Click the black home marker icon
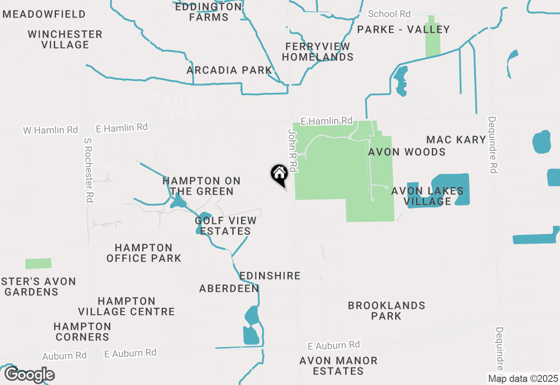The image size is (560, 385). (279, 174)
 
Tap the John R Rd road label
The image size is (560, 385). (293, 150)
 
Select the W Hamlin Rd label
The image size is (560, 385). (50, 130)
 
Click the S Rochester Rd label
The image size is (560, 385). (89, 171)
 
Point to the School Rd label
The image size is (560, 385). (389, 14)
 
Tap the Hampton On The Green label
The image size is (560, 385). (201, 186)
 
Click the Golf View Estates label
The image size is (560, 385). (225, 226)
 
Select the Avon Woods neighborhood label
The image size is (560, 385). (407, 152)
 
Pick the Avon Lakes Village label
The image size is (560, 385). (427, 196)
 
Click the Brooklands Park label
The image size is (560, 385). (386, 311)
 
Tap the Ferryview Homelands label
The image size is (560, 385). (318, 52)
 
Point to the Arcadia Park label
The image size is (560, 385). (229, 70)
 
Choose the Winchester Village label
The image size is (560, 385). (65, 39)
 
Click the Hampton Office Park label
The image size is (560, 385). (143, 253)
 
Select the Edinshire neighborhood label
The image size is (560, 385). (270, 276)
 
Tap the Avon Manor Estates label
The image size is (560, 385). (338, 366)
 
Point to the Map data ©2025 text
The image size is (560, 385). (523, 378)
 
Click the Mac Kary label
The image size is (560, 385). (456, 140)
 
